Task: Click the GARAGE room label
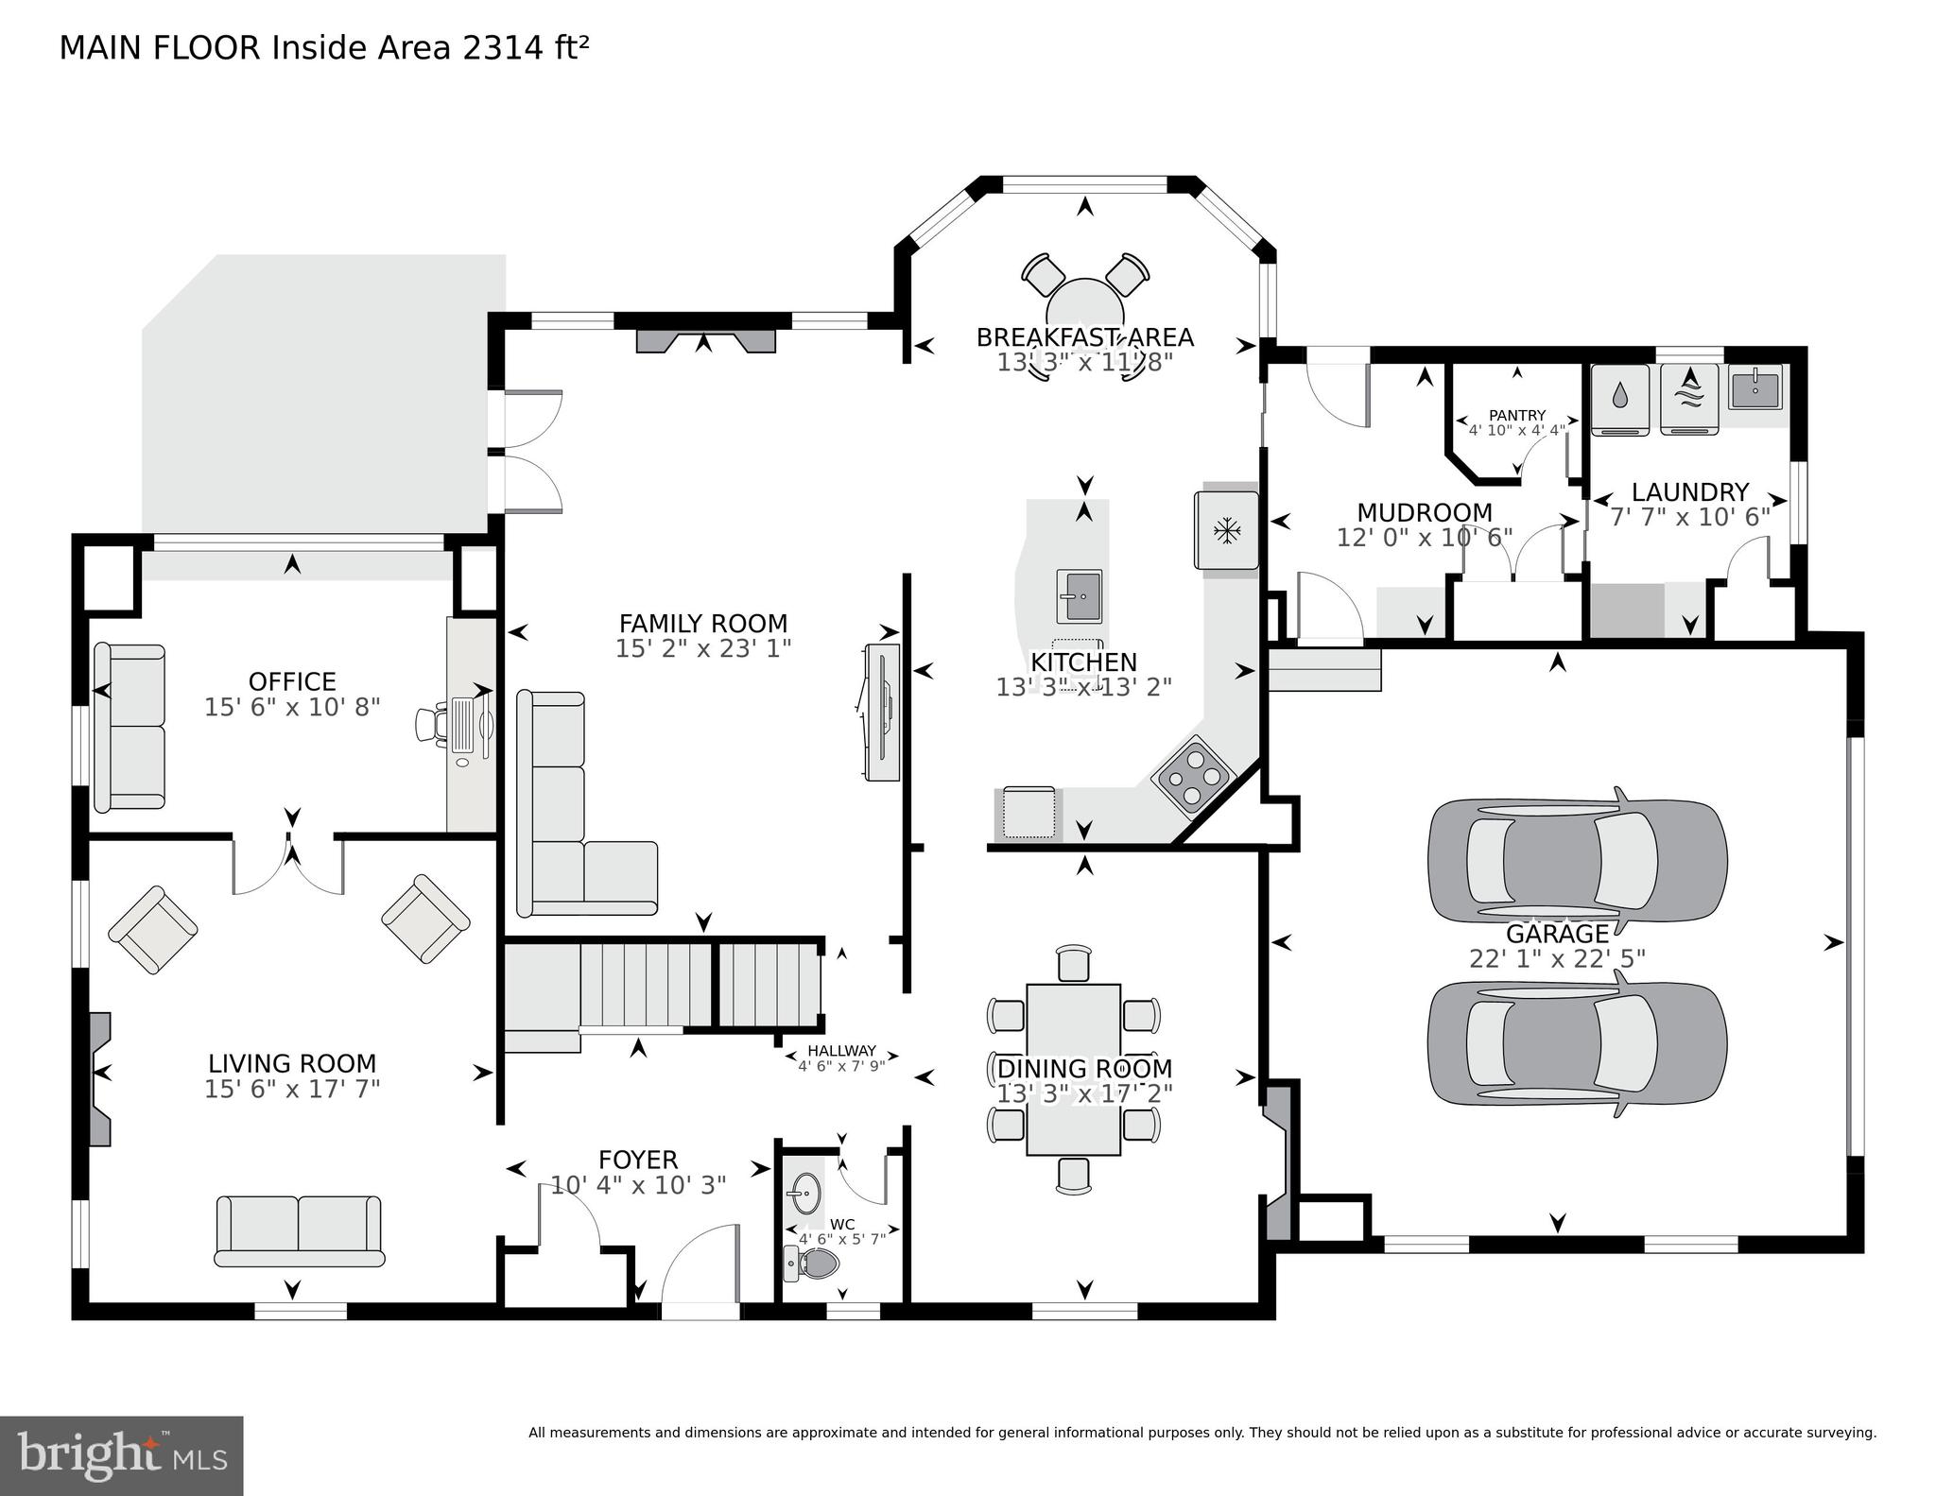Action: pyautogui.click(x=1556, y=934)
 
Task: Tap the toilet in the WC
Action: pyautogui.click(x=813, y=1264)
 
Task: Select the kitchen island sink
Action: pyautogui.click(x=1078, y=596)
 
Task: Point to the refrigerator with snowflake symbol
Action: pyautogui.click(x=1227, y=530)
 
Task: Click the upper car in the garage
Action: pyautogui.click(x=1577, y=860)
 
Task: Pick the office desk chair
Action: pyautogui.click(x=430, y=725)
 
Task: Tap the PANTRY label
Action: pyautogui.click(x=1516, y=415)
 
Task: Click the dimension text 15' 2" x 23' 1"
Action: pyautogui.click(x=702, y=648)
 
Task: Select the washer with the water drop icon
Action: pyautogui.click(x=1620, y=399)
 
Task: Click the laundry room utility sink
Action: pyautogui.click(x=1754, y=388)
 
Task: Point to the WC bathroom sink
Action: pyautogui.click(x=805, y=1195)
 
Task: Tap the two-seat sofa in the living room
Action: pyautogui.click(x=299, y=1230)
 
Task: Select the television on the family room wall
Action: pyautogui.click(x=881, y=712)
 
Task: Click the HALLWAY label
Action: pyautogui.click(x=841, y=1051)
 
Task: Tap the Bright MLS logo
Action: pyautogui.click(x=121, y=1455)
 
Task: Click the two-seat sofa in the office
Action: pyautogui.click(x=130, y=727)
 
